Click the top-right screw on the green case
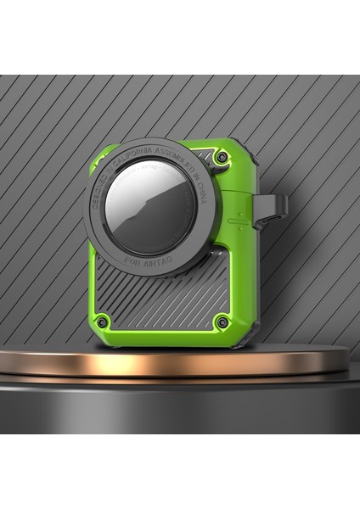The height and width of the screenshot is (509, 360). (222, 158)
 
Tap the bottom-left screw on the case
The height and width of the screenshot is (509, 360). (101, 321)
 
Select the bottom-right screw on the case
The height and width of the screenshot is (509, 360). (222, 322)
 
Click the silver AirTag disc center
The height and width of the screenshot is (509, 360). (153, 206)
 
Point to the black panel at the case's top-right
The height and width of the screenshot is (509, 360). (204, 148)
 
